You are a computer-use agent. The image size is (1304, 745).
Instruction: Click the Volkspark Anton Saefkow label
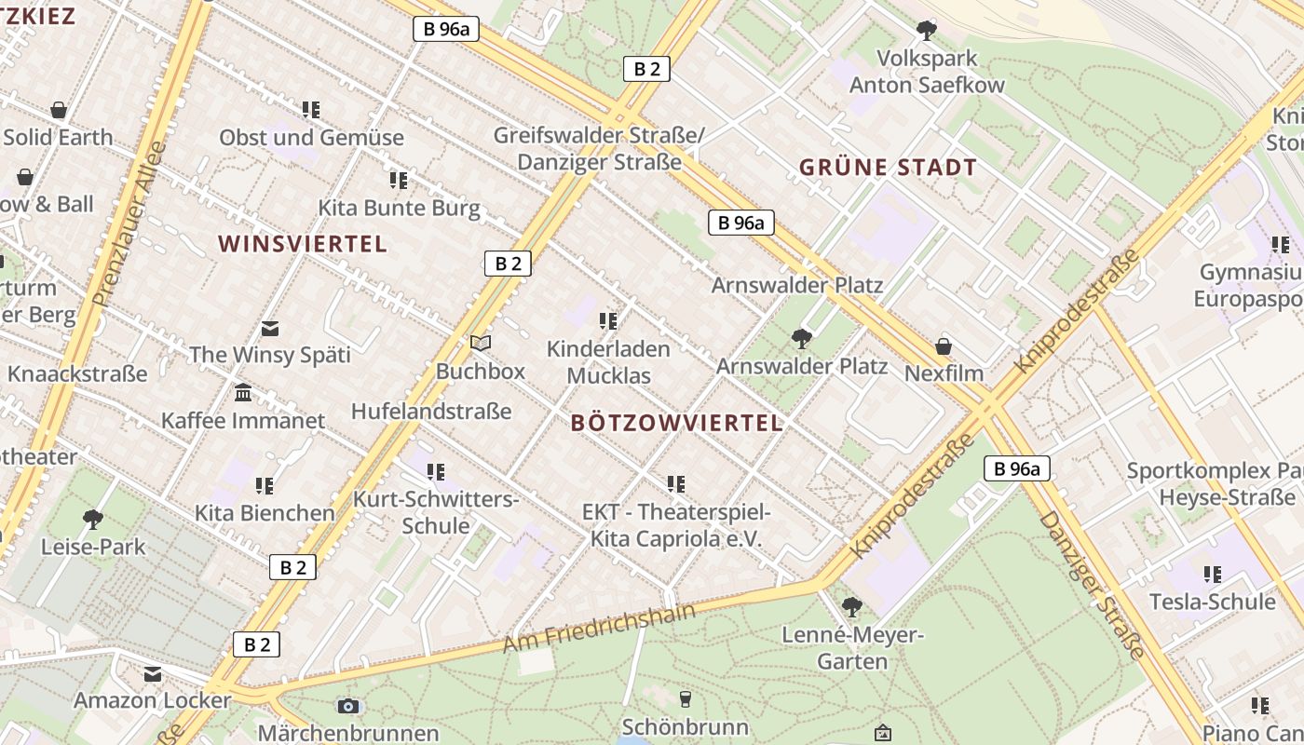[927, 72]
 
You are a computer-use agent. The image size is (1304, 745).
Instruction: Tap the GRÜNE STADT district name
[889, 168]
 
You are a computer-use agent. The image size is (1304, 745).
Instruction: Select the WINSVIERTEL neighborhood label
[303, 244]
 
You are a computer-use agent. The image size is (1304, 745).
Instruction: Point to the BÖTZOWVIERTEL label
[676, 423]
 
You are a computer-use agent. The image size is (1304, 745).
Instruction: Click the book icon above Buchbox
[481, 344]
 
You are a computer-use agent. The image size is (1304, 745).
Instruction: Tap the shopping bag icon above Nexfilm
[944, 347]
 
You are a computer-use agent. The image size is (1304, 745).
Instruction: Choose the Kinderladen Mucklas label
[608, 362]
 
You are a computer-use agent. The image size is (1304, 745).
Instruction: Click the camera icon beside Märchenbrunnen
[348, 706]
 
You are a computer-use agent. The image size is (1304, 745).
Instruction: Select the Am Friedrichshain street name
[599, 629]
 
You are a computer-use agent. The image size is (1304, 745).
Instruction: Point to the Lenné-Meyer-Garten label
[852, 648]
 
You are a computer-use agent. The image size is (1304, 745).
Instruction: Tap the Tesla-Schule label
[1212, 602]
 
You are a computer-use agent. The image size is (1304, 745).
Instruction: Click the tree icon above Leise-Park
[92, 519]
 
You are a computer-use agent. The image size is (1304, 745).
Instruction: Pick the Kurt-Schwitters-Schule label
[436, 512]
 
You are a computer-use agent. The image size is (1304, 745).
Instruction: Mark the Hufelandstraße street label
[431, 411]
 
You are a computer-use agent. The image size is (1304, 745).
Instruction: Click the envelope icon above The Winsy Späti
[270, 329]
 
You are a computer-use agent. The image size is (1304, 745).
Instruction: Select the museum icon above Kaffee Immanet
[243, 393]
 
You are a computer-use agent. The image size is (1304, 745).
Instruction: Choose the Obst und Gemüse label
[311, 138]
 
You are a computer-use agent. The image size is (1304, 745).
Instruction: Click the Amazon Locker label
[153, 700]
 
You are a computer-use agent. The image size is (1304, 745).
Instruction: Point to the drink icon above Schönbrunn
[686, 698]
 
